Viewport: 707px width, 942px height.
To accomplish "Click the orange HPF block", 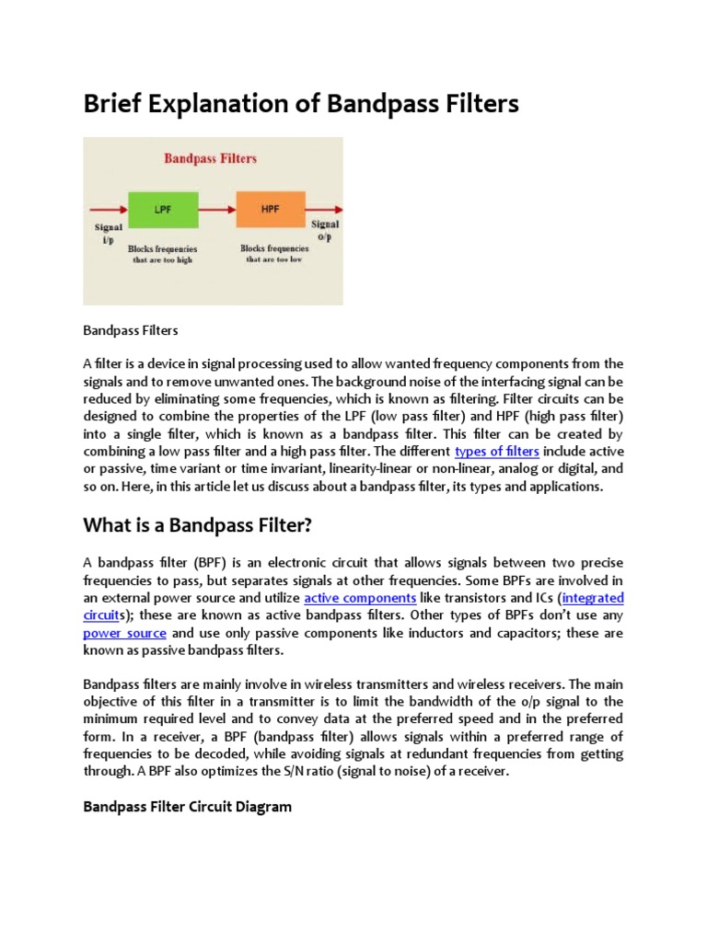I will pos(270,210).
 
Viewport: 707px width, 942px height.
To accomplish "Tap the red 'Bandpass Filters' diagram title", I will pos(212,158).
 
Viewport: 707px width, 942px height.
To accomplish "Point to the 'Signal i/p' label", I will pos(105,231).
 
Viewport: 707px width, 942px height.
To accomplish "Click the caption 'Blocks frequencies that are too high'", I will pos(162,254).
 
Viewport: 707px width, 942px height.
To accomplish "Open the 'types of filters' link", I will pos(497,451).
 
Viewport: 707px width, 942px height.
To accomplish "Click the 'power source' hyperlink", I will pos(124,634).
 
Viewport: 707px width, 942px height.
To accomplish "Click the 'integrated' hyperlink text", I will pos(592,598).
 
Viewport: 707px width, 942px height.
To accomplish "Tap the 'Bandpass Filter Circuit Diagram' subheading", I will pos(187,807).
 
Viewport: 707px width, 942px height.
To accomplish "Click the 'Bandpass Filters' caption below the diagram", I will pos(130,328).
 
